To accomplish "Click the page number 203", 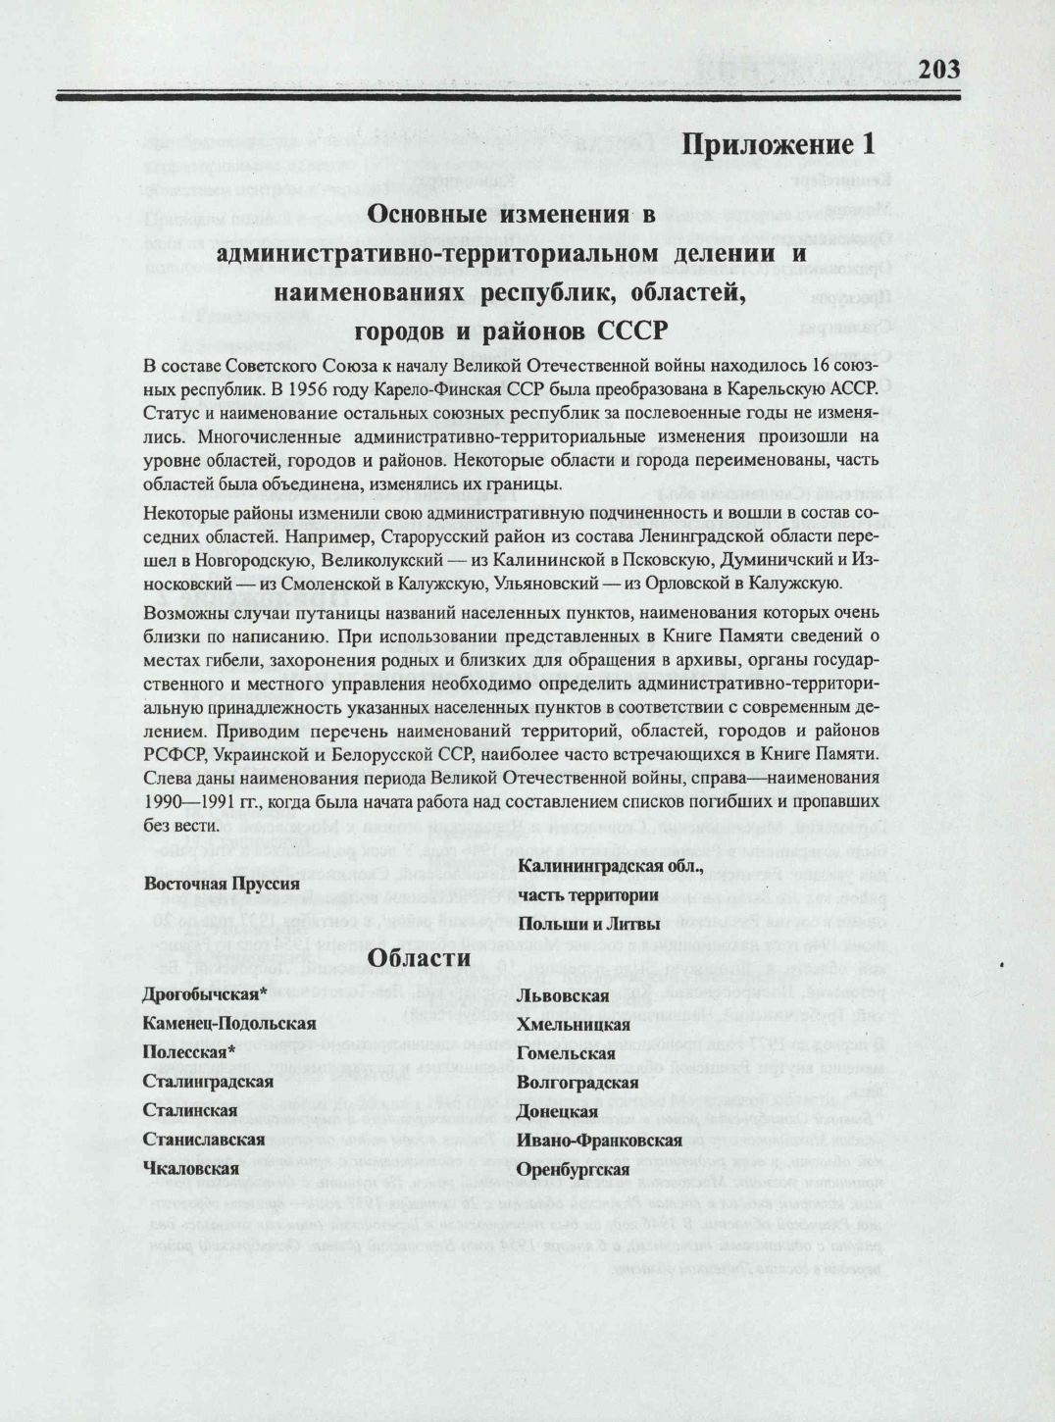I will [x=938, y=70].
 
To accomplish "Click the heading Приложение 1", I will [x=778, y=144].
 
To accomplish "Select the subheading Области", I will [x=419, y=958].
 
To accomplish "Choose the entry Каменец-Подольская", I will [x=229, y=1024].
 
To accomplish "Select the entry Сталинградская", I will [x=208, y=1082].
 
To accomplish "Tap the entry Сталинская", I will [x=190, y=1111].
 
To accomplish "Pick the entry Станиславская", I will [x=204, y=1140].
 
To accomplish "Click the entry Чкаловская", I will [x=191, y=1169].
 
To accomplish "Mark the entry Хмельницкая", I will [x=574, y=1025].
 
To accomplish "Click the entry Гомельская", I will [x=566, y=1054].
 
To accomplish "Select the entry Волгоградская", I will [x=578, y=1084].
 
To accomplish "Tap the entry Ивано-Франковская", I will [x=599, y=1141].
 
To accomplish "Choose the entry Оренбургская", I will [x=573, y=1170].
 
